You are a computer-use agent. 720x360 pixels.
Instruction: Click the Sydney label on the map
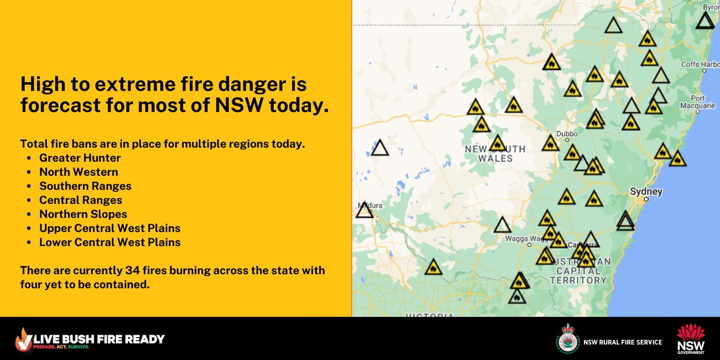[646, 192]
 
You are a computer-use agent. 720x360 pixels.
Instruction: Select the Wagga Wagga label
[511, 238]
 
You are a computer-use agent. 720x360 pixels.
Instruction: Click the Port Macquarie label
[703, 103]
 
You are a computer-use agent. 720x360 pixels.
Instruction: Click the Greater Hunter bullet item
[80, 158]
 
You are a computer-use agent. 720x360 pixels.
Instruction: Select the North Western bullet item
[79, 172]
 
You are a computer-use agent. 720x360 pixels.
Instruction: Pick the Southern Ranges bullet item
[85, 186]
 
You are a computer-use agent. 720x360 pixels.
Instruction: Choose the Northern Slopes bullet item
[83, 214]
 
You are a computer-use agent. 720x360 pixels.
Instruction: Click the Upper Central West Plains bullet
[110, 229]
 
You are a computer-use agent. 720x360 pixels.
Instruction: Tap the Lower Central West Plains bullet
[110, 242]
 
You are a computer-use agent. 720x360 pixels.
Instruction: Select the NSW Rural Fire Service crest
[567, 339]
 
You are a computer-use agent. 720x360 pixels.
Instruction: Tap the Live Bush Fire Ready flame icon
[25, 340]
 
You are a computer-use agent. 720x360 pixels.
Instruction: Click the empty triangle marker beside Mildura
[364, 211]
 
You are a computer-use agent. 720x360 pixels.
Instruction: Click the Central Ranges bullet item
[80, 200]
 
